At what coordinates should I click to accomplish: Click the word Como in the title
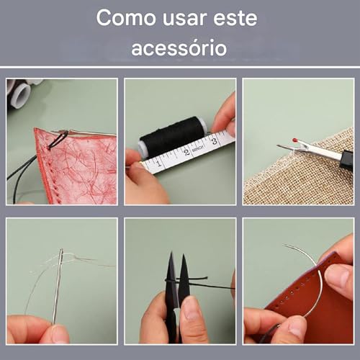122,18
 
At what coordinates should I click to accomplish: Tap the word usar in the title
182,18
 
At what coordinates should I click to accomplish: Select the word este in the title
235,18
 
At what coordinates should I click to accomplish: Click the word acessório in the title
179,48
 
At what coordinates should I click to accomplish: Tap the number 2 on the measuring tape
189,151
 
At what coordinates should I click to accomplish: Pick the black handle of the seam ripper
346,159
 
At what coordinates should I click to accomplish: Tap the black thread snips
177,288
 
